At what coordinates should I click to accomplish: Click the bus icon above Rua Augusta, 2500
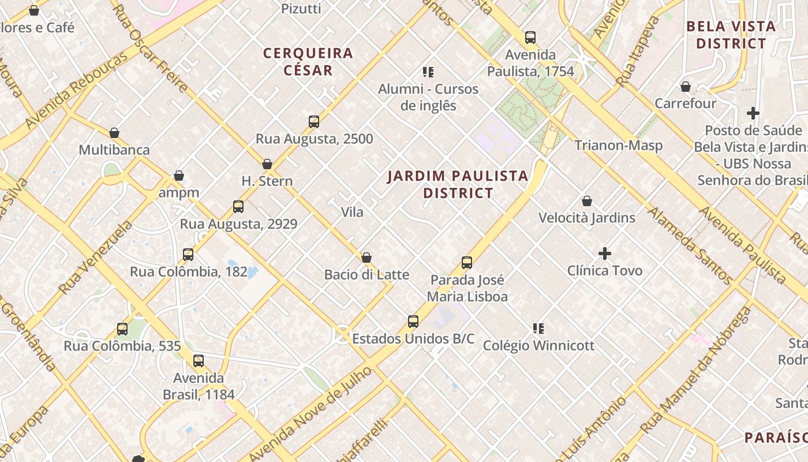(x=314, y=122)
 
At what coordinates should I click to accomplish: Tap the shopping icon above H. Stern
(x=267, y=165)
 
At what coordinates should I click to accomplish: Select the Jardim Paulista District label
(x=458, y=184)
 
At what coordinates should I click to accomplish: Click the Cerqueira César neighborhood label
(x=308, y=62)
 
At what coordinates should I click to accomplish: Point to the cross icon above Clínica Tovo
(x=605, y=254)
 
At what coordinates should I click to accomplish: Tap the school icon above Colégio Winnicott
(x=538, y=329)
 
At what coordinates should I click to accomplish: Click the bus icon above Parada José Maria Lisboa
(x=467, y=263)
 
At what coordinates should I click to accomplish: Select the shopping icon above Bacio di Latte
(x=366, y=258)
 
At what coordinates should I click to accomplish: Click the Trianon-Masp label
(x=618, y=146)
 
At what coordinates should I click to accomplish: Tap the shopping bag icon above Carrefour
(x=686, y=87)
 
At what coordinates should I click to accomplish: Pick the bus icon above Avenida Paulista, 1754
(x=530, y=38)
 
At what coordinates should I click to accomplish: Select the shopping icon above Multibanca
(x=114, y=133)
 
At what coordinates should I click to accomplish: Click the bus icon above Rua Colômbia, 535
(x=122, y=329)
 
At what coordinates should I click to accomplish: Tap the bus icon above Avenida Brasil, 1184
(x=199, y=362)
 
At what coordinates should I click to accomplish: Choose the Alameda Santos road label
(x=689, y=246)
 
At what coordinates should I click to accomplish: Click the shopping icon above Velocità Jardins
(x=587, y=201)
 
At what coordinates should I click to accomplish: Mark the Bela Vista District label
(x=731, y=35)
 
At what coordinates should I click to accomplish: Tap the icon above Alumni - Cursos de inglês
(x=428, y=72)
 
